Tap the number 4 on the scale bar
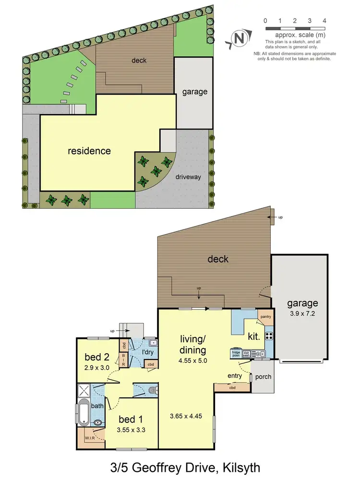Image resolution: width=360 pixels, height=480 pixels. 325,21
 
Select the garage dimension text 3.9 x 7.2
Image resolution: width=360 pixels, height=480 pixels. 302,313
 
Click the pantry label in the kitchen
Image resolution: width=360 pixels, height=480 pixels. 265,317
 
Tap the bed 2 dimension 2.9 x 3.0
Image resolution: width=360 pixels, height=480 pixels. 97,368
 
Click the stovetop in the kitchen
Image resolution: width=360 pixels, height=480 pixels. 269,336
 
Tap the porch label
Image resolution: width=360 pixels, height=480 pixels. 263,377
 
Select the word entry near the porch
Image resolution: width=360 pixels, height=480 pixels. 235,376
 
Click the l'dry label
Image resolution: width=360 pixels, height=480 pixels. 147,353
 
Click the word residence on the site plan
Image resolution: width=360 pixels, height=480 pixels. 89,151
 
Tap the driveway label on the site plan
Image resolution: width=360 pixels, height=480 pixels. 188,177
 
